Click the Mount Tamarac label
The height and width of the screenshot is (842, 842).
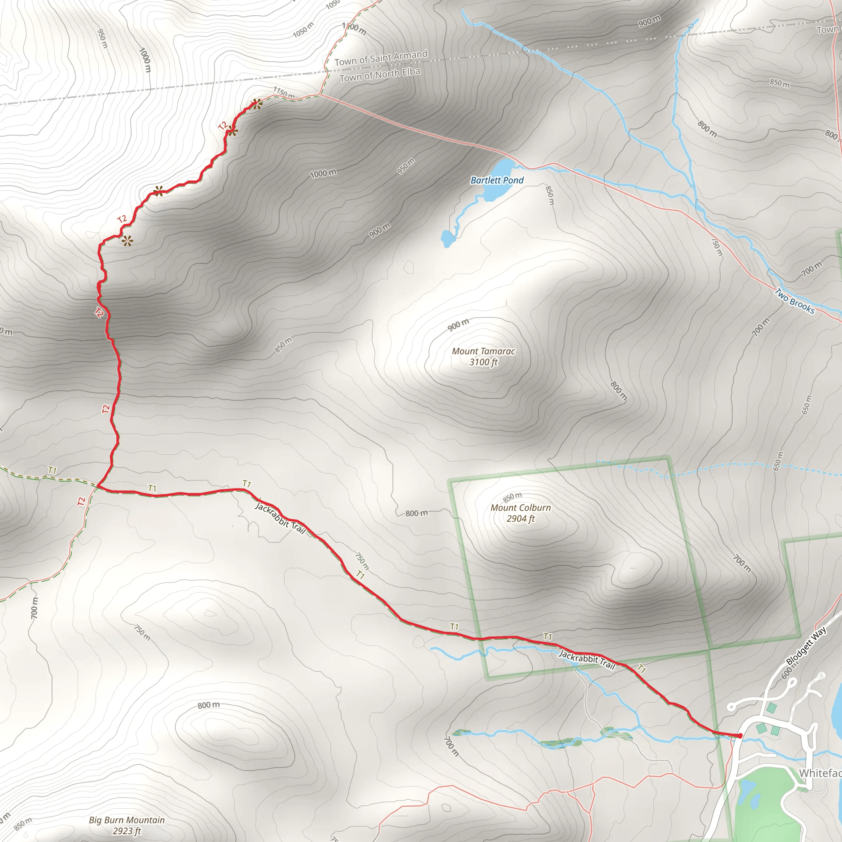click(x=483, y=351)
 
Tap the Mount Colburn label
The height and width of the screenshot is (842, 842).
click(x=520, y=508)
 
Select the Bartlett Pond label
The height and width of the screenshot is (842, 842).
click(x=497, y=180)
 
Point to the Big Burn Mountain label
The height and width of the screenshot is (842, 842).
click(x=127, y=820)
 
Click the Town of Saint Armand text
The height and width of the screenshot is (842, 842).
click(x=381, y=58)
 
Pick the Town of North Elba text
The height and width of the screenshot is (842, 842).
click(x=379, y=75)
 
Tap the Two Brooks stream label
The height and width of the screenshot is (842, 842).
click(x=794, y=301)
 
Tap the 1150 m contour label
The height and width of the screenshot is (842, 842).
click(x=284, y=93)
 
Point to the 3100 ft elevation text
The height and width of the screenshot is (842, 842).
click(x=483, y=362)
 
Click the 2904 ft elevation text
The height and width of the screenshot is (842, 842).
click(x=520, y=518)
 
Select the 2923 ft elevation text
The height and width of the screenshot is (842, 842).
click(x=127, y=831)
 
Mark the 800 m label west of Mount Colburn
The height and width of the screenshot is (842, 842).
click(x=416, y=514)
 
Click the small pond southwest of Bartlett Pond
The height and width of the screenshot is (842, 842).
click(x=447, y=238)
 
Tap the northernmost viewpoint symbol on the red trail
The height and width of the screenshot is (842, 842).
click(x=257, y=104)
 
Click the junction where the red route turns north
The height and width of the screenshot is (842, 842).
click(x=99, y=486)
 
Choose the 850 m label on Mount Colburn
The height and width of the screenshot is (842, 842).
click(x=512, y=497)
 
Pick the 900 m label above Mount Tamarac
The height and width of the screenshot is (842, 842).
click(x=458, y=325)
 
